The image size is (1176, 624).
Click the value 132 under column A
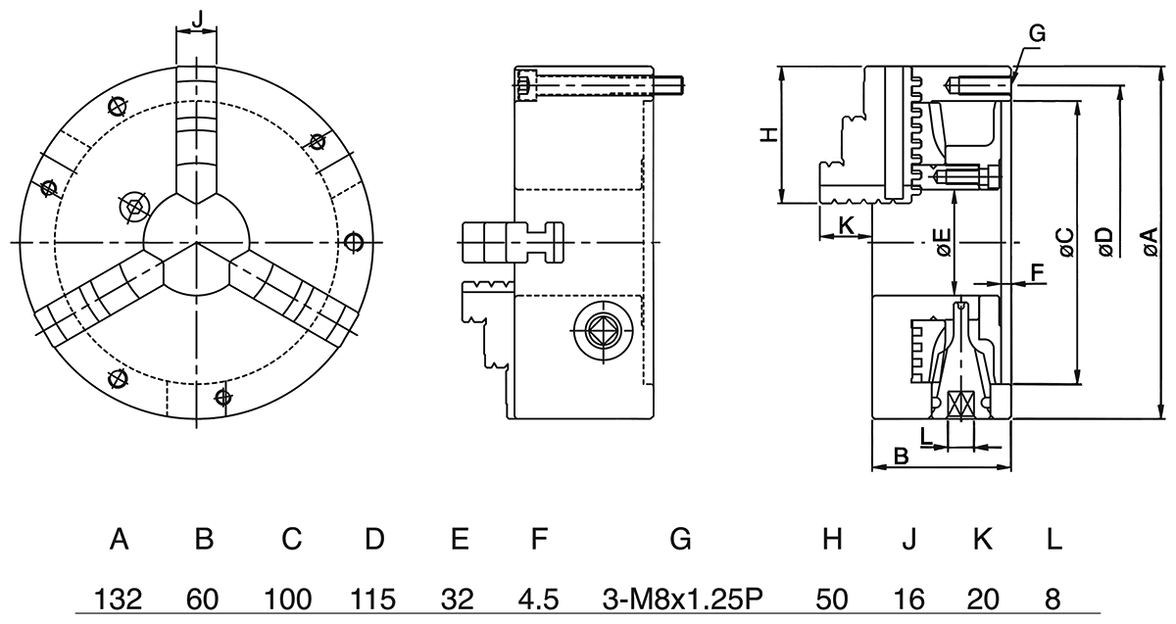(120, 598)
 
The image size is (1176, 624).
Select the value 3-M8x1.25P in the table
(680, 598)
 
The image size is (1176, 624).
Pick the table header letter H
(832, 539)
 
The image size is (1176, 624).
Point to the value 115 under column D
(374, 598)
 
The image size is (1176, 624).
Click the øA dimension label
(1149, 242)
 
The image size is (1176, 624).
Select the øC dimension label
(1065, 242)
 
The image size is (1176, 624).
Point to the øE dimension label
(942, 242)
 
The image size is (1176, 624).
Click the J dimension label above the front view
(196, 18)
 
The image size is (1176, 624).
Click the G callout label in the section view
(1038, 34)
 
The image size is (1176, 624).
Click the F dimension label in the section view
(1038, 271)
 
